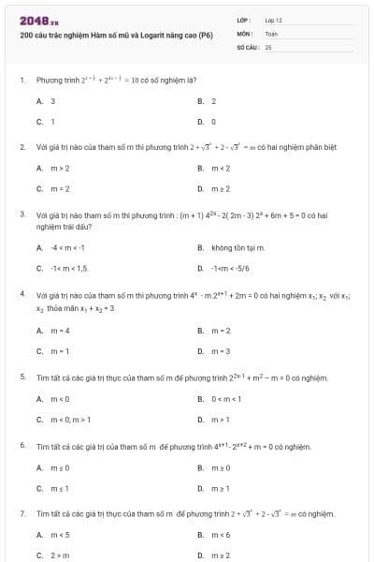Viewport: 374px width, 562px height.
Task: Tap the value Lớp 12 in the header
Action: tap(274, 20)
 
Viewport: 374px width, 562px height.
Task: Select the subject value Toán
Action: tap(272, 33)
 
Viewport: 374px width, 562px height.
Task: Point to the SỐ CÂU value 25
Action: tap(268, 46)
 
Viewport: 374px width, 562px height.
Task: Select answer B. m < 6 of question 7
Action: tap(214, 536)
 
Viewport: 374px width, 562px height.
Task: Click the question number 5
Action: tap(22, 377)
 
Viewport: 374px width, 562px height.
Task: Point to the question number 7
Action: tap(22, 513)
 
